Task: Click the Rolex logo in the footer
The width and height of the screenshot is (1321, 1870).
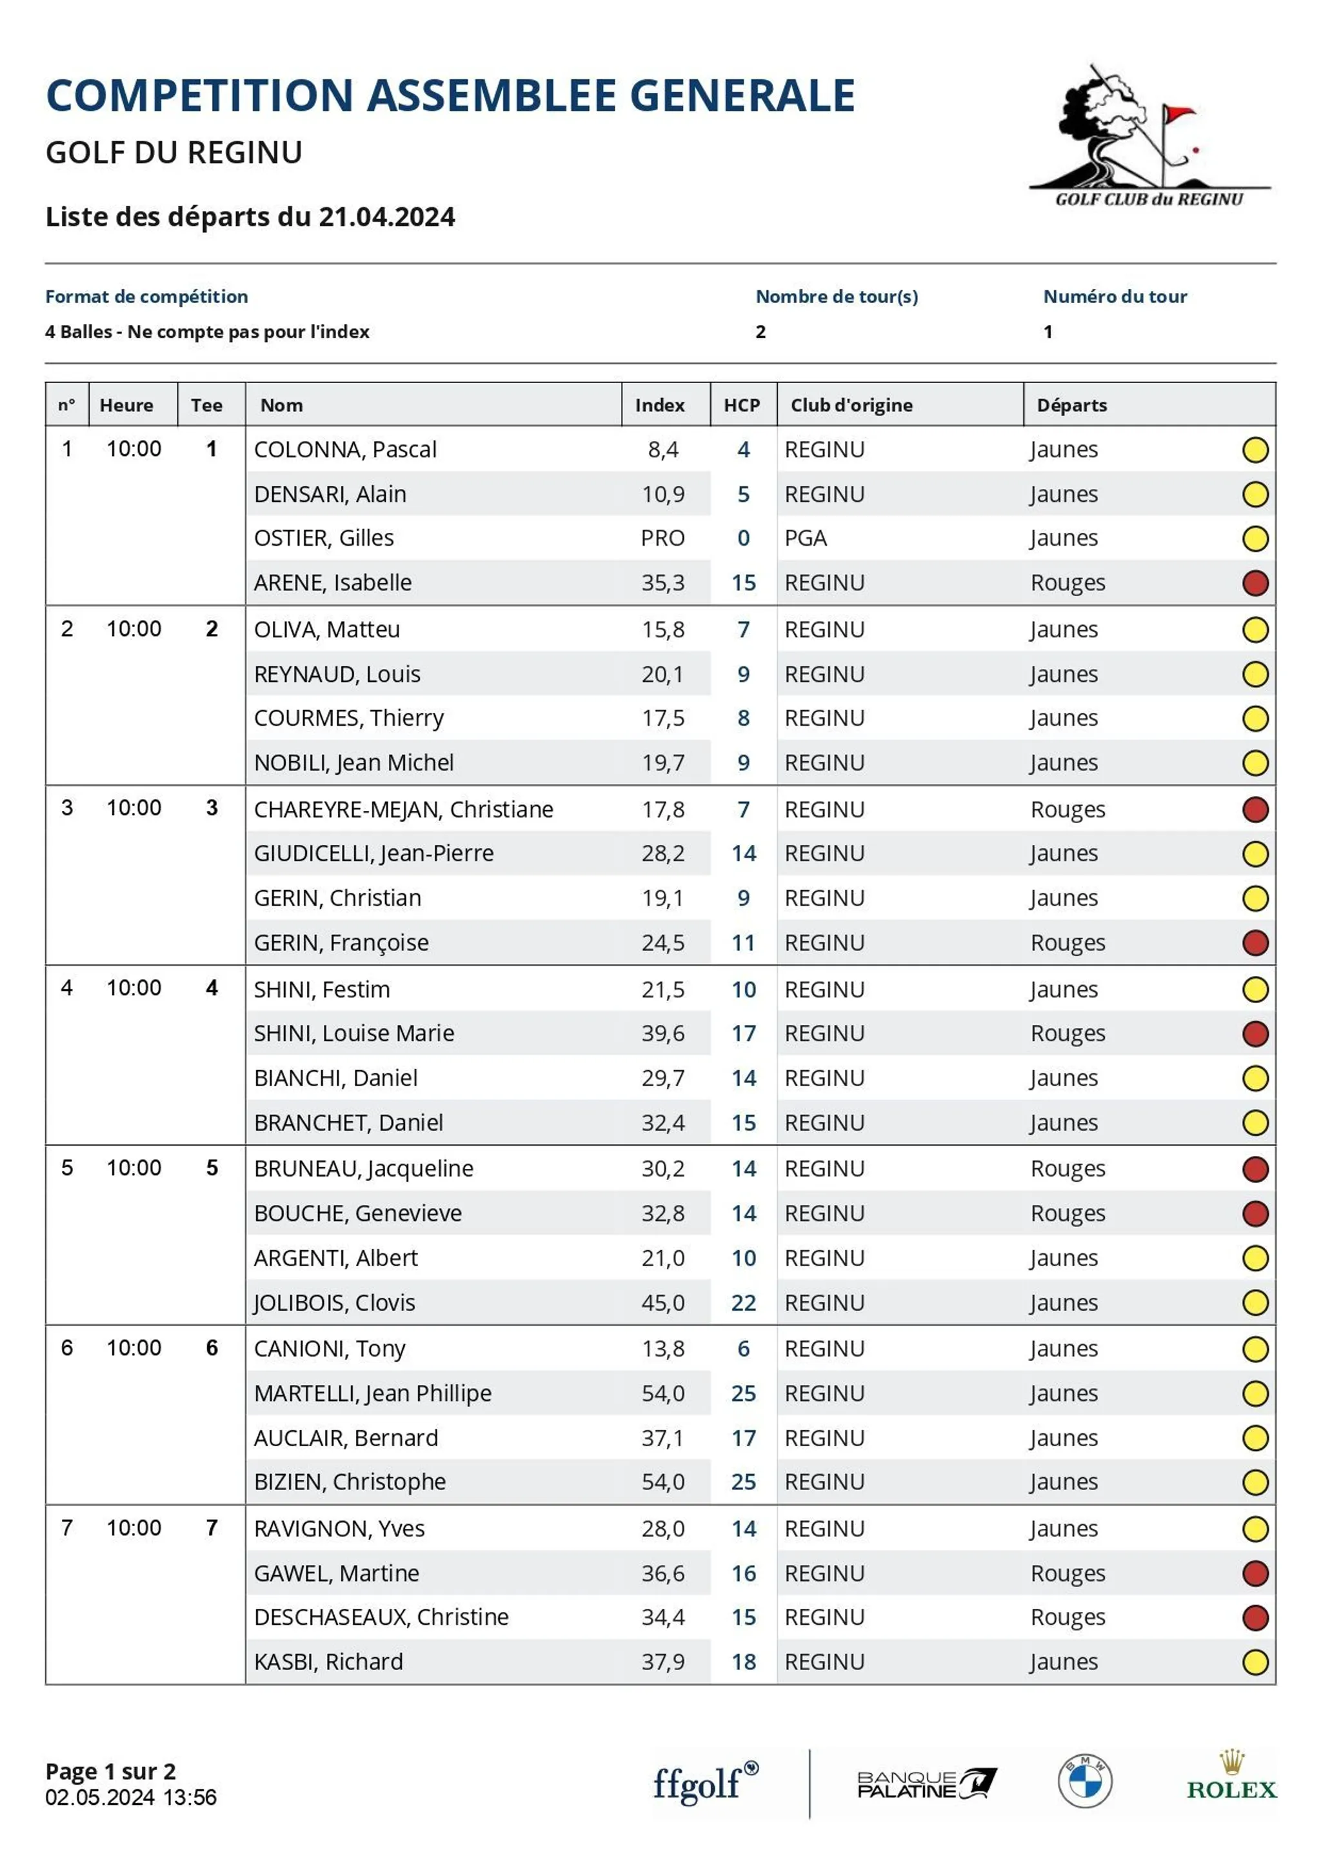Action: (1231, 1780)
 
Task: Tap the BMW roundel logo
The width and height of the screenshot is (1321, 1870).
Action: (1084, 1781)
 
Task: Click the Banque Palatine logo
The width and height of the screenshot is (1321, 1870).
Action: (926, 1784)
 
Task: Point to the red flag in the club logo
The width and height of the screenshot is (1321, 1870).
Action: (1178, 114)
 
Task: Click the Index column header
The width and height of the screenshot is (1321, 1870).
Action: (660, 406)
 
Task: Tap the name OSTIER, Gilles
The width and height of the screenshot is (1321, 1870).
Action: (323, 539)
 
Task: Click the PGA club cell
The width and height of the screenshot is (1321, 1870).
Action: (806, 539)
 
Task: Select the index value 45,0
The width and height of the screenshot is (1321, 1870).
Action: (662, 1303)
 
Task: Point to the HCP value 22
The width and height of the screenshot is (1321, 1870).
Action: (743, 1303)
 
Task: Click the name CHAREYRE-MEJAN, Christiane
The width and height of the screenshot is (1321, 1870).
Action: (403, 810)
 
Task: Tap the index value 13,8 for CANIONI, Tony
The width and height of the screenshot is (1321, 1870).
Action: (662, 1349)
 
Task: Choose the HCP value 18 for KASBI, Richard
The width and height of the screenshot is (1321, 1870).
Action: (743, 1662)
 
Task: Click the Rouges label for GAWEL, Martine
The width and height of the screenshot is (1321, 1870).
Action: (1067, 1573)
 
